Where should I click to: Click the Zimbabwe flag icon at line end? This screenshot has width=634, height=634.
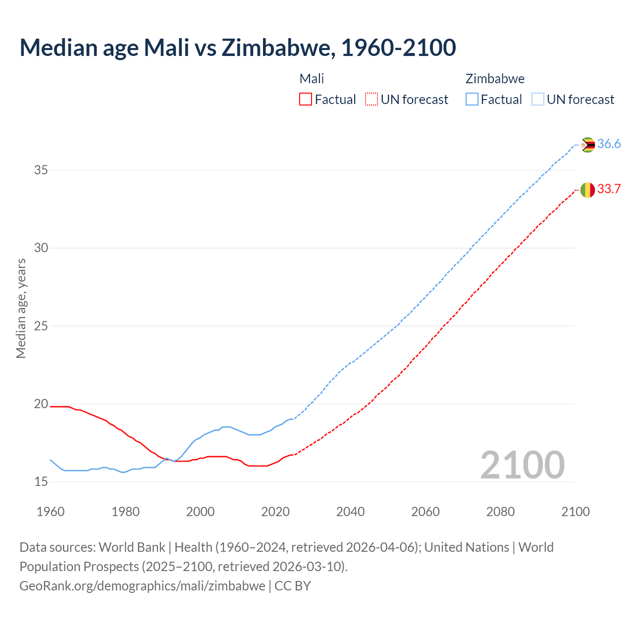coord(587,145)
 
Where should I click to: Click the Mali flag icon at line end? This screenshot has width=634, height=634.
coord(587,190)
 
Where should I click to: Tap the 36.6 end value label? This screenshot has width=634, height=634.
coord(609,144)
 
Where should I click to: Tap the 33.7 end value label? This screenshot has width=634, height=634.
coord(609,189)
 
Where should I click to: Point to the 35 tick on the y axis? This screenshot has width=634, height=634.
coord(41,170)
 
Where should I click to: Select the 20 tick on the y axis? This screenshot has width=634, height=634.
coord(41,404)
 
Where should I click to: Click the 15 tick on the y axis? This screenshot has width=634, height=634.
coord(41,482)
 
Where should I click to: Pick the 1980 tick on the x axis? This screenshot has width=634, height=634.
coord(125,512)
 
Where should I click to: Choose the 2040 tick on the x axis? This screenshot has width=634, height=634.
coord(350,512)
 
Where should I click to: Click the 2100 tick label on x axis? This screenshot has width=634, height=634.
coord(575,512)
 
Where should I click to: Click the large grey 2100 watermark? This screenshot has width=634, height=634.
coord(522,465)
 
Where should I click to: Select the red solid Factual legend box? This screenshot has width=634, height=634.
coord(306,100)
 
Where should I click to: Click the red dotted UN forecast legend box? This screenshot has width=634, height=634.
coord(371,100)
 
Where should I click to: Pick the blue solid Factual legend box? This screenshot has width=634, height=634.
coord(472,100)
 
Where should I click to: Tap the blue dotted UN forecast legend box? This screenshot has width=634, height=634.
coord(538,100)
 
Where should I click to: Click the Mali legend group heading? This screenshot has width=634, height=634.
coord(312,79)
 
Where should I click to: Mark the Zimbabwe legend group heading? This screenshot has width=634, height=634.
coord(495,79)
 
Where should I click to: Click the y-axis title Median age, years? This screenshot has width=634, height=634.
coord(21,308)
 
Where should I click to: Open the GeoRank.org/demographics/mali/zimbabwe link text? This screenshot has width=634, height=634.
coord(142,586)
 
